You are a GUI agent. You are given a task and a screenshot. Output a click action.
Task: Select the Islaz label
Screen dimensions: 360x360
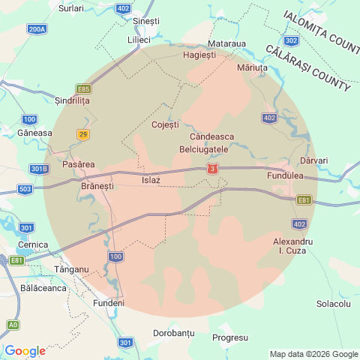[151, 180]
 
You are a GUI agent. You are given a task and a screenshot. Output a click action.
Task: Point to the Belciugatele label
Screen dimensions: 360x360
[208, 150]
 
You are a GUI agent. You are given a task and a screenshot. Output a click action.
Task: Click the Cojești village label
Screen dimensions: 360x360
[166, 124]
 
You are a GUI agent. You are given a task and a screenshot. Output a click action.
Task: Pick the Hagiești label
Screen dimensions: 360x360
[199, 55]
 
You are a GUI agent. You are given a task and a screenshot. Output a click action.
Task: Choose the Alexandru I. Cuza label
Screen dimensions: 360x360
[292, 245]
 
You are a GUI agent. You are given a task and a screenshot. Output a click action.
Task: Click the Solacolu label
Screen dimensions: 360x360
[334, 304]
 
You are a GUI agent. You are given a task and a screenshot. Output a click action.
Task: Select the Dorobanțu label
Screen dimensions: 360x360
[174, 332]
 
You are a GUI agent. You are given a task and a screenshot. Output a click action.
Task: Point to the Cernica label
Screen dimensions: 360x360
[33, 244]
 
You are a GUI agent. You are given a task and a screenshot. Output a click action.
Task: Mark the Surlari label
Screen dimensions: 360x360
[71, 7]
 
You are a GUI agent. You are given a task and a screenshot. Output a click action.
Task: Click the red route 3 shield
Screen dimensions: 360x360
[213, 169]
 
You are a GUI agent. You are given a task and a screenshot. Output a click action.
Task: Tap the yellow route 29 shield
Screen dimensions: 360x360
[82, 133]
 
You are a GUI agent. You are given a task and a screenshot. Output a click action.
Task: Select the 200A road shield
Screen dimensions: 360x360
[37, 29]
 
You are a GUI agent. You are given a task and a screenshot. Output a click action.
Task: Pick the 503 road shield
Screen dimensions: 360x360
[25, 190]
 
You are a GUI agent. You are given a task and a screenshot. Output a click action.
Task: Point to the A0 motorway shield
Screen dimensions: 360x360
[13, 325]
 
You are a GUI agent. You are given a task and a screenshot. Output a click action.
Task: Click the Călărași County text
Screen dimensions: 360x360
[307, 67]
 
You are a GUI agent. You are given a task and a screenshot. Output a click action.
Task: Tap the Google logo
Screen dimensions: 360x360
[25, 351]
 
